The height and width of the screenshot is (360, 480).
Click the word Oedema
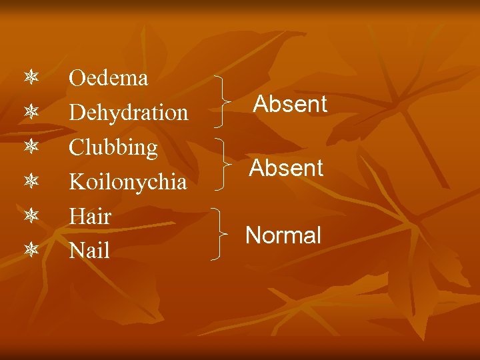coord(108,79)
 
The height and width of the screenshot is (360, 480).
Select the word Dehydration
coord(129,113)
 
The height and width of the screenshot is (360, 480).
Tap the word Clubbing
coord(113,147)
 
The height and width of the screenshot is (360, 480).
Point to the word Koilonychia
coord(128,182)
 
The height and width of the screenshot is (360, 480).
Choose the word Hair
coord(90,217)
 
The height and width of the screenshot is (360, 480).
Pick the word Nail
coord(89,251)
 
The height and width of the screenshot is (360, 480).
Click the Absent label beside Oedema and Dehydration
coord(290,104)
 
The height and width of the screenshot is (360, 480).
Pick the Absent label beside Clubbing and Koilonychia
coord(286,168)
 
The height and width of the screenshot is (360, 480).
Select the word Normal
coord(283,235)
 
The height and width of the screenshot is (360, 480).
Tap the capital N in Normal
coord(253,235)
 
